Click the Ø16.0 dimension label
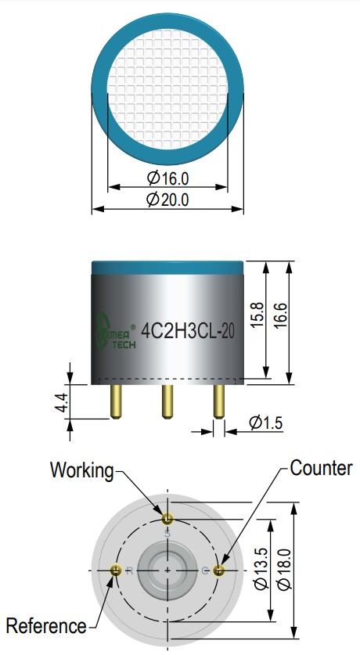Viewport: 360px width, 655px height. point(168,178)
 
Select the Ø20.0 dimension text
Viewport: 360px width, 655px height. point(167,200)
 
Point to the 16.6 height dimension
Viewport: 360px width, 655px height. point(280,315)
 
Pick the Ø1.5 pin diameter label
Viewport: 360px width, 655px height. point(266,423)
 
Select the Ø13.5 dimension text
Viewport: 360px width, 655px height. point(262,569)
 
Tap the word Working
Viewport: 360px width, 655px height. point(82,470)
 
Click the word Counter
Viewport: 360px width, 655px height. point(321,468)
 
